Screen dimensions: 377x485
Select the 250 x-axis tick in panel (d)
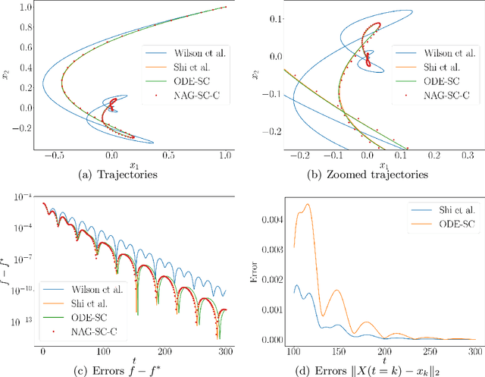[x=429, y=352]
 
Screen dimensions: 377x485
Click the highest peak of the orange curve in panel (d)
[x=307, y=204]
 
